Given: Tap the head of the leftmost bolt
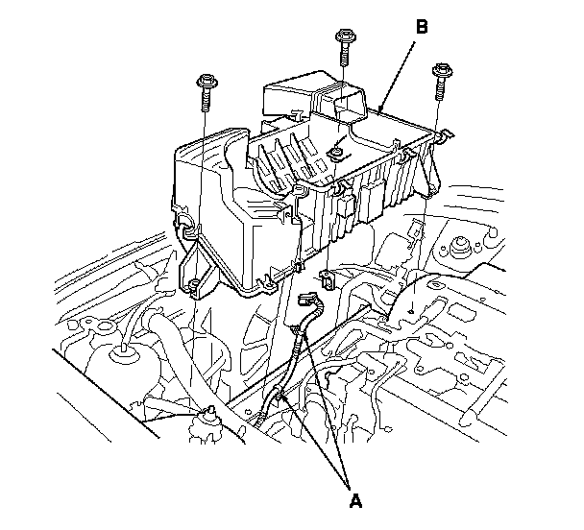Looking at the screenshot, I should coord(205,79).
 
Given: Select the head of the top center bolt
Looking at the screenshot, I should coord(342,38).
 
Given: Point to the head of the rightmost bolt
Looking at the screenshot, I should coord(443,71).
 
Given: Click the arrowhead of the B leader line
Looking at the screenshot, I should coord(380,109).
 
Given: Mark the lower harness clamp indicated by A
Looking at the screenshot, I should coord(279,394).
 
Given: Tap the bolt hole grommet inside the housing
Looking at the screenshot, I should coord(338,152).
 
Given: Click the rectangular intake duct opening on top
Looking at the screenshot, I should coord(351,103).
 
